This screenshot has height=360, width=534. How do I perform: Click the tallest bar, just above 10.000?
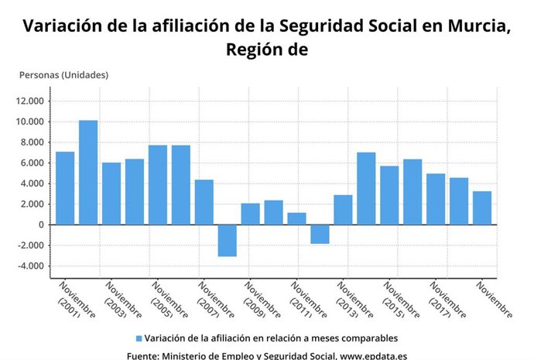[88, 172]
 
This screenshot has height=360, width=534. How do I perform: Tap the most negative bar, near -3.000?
[227, 240]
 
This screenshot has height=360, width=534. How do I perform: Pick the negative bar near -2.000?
[320, 234]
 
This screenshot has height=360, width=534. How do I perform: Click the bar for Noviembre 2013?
[343, 210]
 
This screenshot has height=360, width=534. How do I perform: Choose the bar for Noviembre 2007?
[204, 202]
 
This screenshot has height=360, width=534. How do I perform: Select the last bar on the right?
[482, 207]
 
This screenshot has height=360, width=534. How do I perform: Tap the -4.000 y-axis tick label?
[31, 266]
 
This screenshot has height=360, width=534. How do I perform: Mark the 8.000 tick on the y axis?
[33, 142]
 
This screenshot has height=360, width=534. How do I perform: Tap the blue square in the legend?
[139, 338]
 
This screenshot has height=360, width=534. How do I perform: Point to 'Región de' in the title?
[267, 50]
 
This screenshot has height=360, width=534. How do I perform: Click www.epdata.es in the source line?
[375, 355]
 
